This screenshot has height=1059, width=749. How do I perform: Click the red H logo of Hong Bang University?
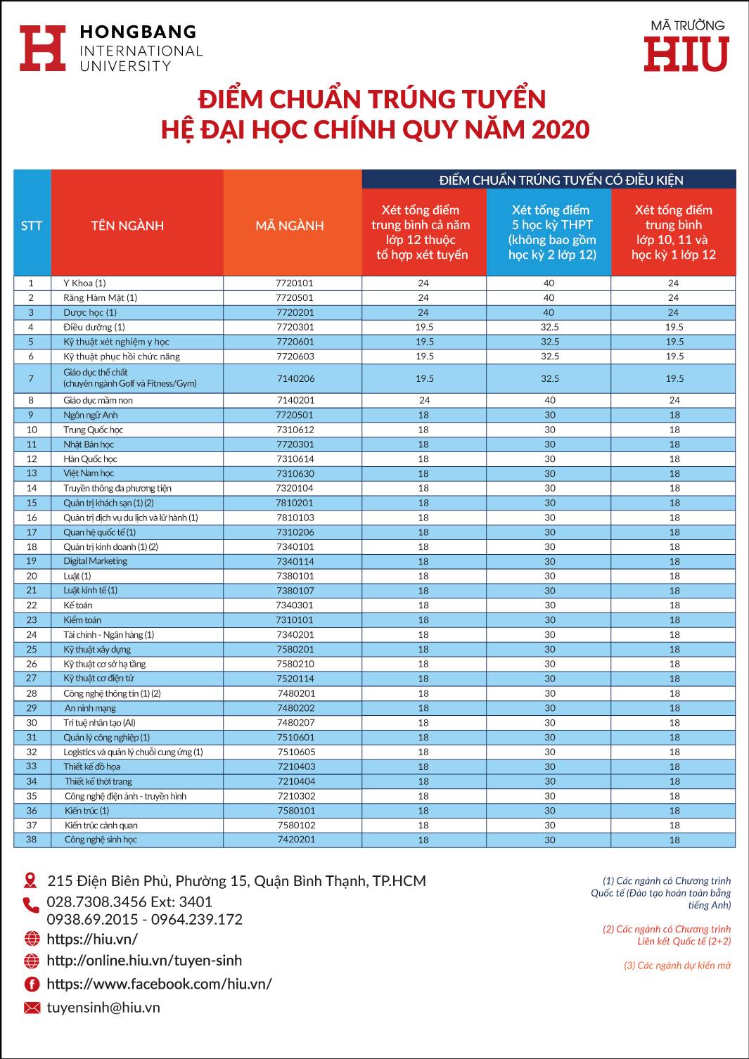tap(43, 49)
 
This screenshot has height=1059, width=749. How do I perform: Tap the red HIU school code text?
tap(686, 54)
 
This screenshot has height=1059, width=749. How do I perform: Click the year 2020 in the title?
tap(561, 129)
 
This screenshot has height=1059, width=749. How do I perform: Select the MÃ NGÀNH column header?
tap(290, 226)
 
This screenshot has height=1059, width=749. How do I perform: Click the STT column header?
tap(32, 226)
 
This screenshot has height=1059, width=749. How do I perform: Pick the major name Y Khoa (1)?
tap(84, 283)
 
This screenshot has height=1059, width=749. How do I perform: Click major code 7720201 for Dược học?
tap(295, 312)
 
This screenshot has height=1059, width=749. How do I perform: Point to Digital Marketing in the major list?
tap(96, 561)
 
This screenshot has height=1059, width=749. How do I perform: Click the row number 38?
tap(32, 839)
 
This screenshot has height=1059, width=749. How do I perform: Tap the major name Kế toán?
tap(78, 605)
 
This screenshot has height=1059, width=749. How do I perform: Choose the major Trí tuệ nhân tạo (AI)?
tap(99, 722)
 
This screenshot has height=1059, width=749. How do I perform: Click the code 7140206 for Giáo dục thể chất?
tap(295, 378)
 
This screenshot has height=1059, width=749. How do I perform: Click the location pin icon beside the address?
tap(30, 880)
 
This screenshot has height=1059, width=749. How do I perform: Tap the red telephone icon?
tap(31, 905)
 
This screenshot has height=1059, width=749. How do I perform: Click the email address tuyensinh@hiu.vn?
tap(103, 1007)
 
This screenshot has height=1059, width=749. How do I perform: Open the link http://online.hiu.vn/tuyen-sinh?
tap(144, 960)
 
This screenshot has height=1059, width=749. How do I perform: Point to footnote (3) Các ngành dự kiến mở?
tap(677, 965)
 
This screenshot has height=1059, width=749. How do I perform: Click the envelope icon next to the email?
tap(32, 1008)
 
